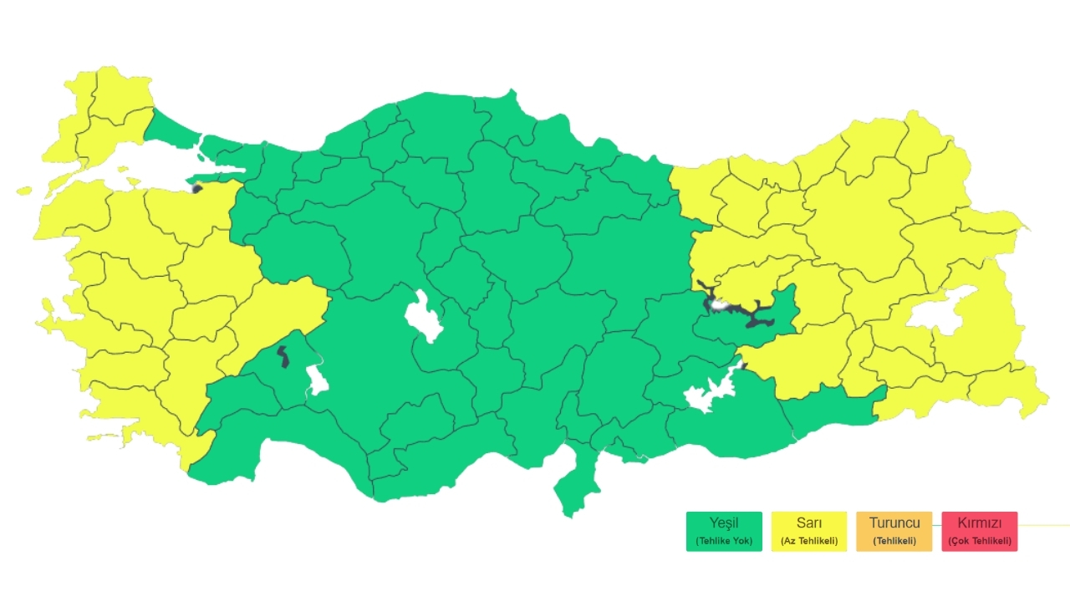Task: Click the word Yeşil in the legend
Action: (724, 523)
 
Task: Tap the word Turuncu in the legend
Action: (894, 523)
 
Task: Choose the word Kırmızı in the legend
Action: (979, 523)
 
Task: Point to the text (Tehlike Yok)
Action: (724, 541)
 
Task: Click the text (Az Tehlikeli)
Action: (809, 541)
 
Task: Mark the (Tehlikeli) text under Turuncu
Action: (894, 541)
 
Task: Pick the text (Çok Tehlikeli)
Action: (979, 541)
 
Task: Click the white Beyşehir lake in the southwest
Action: (316, 380)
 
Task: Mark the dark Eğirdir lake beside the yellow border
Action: (283, 357)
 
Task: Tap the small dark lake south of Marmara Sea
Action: (197, 188)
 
